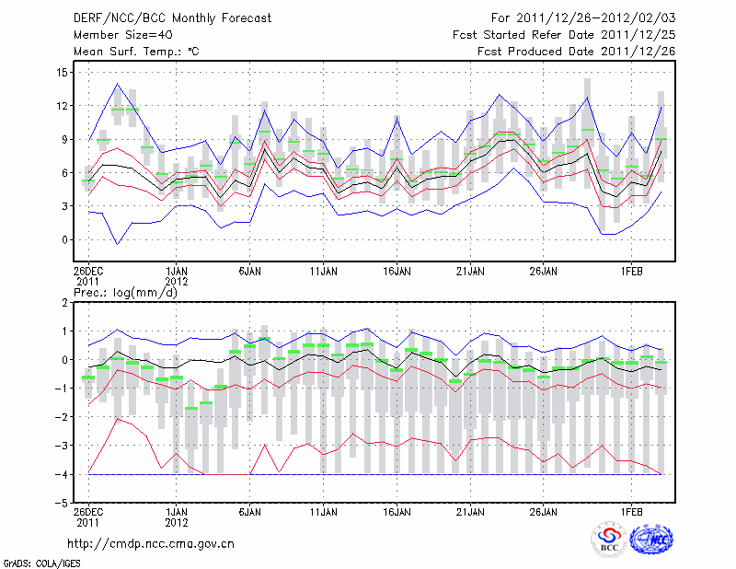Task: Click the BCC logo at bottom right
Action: [x=609, y=540]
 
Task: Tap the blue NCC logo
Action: [x=651, y=540]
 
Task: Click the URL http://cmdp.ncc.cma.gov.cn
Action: [x=151, y=544]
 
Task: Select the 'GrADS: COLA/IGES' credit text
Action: [x=42, y=563]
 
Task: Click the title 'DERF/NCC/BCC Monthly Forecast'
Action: [x=172, y=18]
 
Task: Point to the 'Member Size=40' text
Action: [x=123, y=35]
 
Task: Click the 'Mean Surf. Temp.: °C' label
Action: [x=136, y=52]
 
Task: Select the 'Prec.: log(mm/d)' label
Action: [x=126, y=293]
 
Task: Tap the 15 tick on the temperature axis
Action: [x=62, y=73]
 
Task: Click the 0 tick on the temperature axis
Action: [x=64, y=239]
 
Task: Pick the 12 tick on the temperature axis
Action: [x=62, y=106]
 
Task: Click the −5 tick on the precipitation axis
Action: [x=61, y=503]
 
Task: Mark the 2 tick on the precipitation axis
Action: [x=64, y=303]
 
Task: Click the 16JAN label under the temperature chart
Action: [x=397, y=272]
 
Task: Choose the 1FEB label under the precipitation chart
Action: [x=631, y=512]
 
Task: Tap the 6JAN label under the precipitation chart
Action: [x=249, y=512]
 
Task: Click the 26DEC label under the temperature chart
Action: [x=88, y=272]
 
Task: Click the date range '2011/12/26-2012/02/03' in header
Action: [x=595, y=18]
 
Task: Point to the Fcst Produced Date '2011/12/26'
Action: [x=638, y=52]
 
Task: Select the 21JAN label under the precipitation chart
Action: [x=470, y=512]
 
